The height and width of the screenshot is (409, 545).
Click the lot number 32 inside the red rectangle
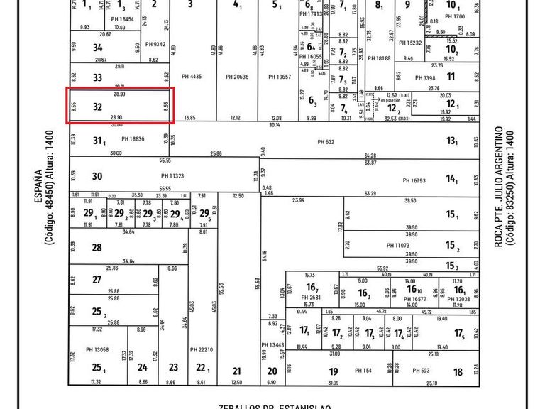click(x=98, y=107)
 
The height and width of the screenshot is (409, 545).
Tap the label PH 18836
click(x=133, y=139)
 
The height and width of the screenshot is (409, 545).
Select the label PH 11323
click(x=172, y=175)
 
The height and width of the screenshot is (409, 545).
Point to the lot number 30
click(x=97, y=177)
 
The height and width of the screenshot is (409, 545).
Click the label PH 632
click(x=326, y=142)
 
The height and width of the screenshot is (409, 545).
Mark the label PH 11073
click(x=398, y=246)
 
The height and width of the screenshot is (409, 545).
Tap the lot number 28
click(x=97, y=248)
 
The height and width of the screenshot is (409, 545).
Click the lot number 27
click(x=97, y=280)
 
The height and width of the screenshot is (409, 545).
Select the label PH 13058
click(x=97, y=350)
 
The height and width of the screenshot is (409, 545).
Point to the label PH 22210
click(x=202, y=350)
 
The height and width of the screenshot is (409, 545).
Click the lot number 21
click(x=237, y=371)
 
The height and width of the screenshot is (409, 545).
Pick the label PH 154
click(x=363, y=371)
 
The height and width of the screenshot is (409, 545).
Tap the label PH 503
click(x=422, y=371)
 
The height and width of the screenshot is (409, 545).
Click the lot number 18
click(x=458, y=371)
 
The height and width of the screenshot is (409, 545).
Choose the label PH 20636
click(x=237, y=77)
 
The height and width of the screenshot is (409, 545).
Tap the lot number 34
click(x=98, y=48)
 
